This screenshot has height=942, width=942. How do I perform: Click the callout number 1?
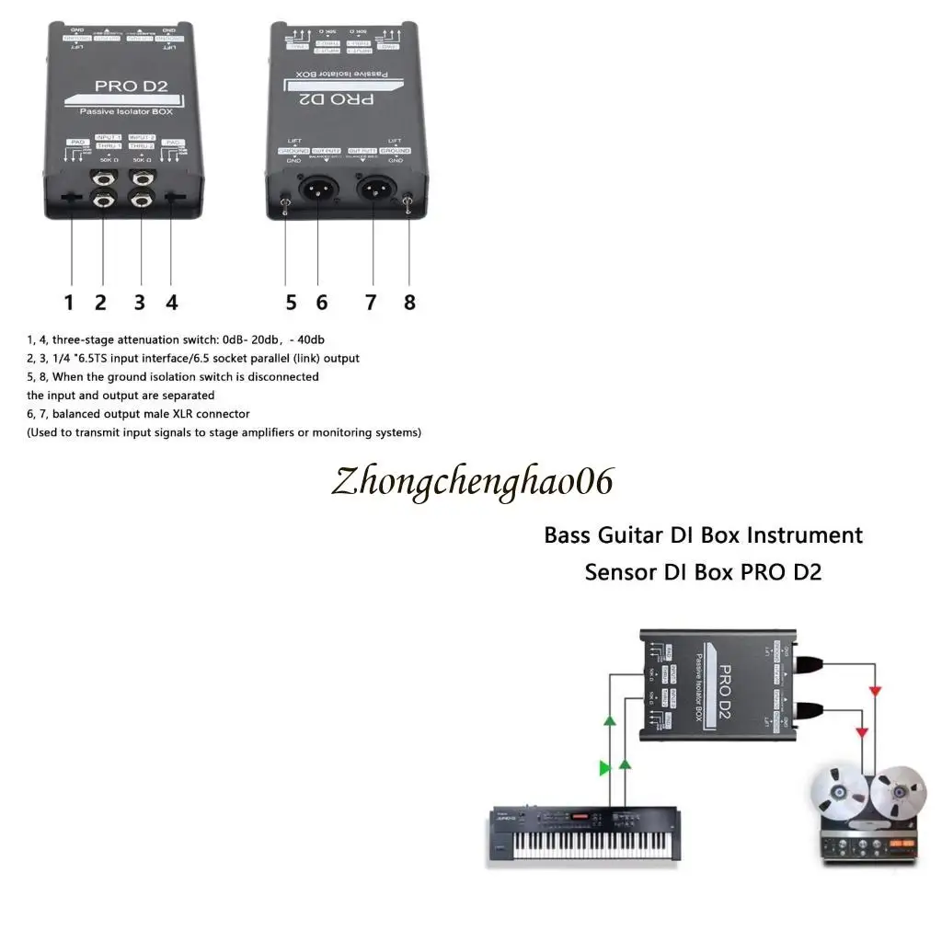tap(68, 302)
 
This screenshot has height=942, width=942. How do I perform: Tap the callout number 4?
tap(171, 302)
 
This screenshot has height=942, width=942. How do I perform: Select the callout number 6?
tap(321, 302)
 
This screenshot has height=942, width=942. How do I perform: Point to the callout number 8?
tap(409, 302)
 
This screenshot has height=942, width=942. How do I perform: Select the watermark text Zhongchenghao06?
tap(472, 482)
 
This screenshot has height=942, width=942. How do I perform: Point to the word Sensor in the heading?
tap(619, 572)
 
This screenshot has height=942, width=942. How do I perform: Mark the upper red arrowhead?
tap(876, 690)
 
